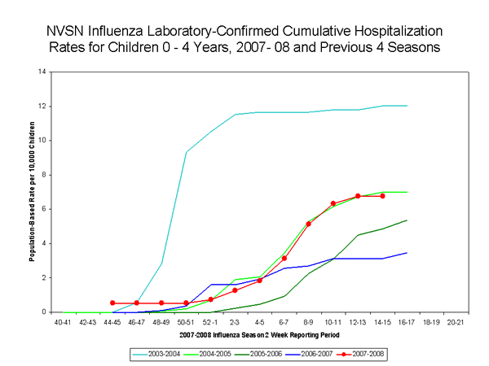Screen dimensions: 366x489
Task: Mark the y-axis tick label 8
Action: (x=42, y=175)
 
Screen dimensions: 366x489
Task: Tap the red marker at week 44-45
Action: (x=112, y=303)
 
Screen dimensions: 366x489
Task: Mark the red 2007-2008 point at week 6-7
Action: (x=284, y=258)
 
